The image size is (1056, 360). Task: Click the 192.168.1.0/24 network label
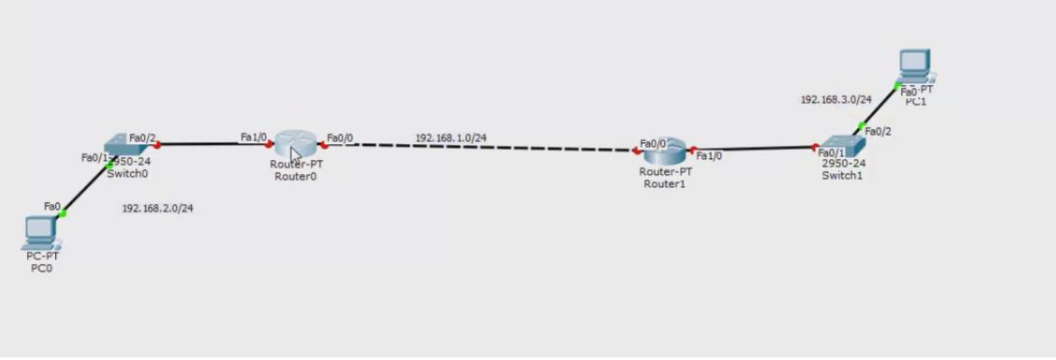451,138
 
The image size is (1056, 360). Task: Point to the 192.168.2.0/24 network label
158,207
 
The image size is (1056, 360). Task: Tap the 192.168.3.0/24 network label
836,98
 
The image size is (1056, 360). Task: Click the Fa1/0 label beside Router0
253,137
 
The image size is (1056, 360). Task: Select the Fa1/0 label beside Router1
709,157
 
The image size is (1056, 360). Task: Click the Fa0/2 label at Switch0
142,138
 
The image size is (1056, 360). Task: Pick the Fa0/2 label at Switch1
879,131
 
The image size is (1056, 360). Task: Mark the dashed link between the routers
488,147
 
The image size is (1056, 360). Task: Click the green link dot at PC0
63,213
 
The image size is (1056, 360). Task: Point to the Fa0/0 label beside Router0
340,138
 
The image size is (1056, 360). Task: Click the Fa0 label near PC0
52,205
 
